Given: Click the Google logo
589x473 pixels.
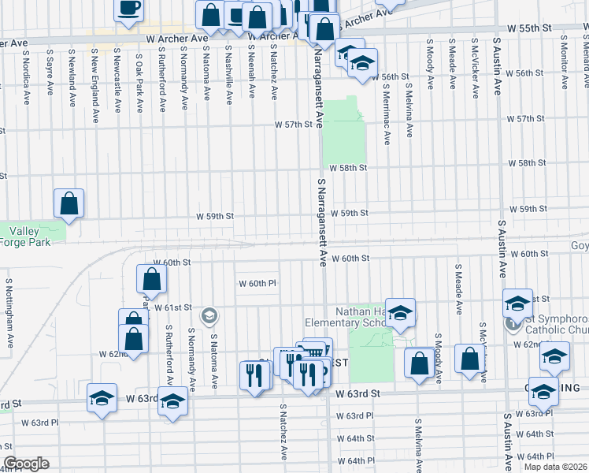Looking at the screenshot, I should [26, 464].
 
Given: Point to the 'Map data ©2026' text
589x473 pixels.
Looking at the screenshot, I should [554, 467].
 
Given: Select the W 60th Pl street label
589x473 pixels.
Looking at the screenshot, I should [257, 283].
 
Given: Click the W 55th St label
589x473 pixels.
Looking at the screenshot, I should [529, 28].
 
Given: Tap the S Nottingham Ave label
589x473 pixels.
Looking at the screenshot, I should [9, 314].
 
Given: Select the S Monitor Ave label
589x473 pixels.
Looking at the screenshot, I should [564, 61].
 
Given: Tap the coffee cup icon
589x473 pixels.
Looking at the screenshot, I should [129, 9].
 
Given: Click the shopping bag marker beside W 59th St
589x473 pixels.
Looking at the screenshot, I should [69, 203].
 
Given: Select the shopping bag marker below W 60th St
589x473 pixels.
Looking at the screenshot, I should [151, 278].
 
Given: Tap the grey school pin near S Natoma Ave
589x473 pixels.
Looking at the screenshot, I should [209, 316].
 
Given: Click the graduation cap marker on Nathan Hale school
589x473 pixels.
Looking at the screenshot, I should [400, 313].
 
